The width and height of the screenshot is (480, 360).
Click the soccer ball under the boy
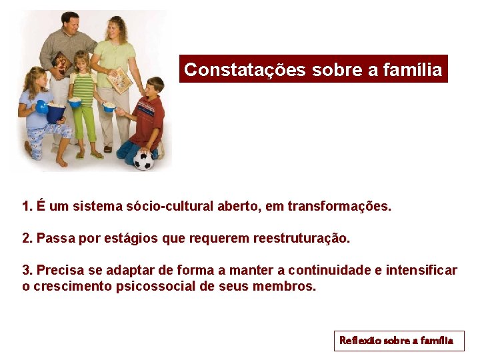point(143,159)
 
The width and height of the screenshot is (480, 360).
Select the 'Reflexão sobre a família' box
point(398,341)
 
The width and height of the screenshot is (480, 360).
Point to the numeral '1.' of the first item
point(27,207)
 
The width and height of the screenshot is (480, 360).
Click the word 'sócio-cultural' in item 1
point(169,207)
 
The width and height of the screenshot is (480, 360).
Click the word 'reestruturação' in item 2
point(301,238)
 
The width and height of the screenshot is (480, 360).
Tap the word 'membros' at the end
point(287,287)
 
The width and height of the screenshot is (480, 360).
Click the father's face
point(69,24)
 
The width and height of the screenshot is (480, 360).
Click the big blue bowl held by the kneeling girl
point(55,111)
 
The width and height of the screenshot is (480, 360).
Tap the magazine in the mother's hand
point(120,80)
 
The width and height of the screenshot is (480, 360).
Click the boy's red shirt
point(149,120)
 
